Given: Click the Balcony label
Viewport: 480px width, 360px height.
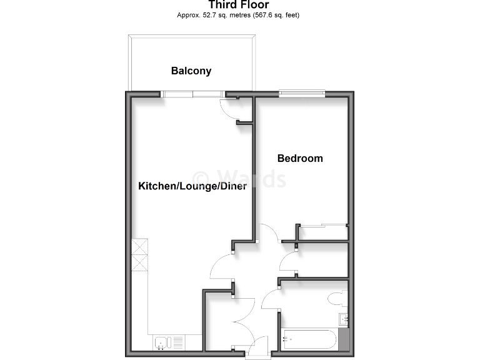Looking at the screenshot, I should click(191, 71).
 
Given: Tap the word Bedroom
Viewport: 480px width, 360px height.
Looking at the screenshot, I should click(300, 158).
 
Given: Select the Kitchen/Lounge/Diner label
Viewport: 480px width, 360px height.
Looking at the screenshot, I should click(192, 186).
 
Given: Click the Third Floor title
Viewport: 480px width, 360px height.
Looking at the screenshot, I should click(239, 5).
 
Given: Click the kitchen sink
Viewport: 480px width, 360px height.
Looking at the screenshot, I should click(162, 342).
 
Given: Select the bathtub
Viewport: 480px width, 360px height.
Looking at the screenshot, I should click(310, 339).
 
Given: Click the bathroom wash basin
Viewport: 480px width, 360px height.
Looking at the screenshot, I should click(343, 319).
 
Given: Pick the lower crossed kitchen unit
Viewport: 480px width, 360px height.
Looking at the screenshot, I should click(139, 263).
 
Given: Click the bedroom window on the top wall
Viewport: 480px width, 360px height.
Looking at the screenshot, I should click(302, 94).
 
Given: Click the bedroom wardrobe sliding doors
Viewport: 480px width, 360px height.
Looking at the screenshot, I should click(322, 224).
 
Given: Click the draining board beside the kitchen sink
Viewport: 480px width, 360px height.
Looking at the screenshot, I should click(177, 342).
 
